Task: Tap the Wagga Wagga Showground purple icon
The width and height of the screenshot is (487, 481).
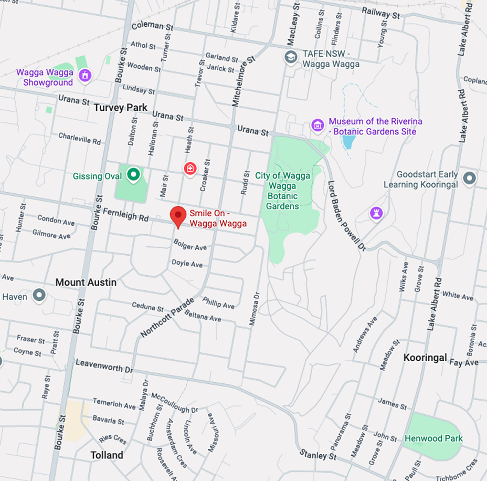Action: [84, 76]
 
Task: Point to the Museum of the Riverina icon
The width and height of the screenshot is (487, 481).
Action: [317, 125]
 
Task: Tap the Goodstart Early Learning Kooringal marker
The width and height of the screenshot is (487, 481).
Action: [469, 178]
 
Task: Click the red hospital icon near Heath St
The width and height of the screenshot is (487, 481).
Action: [189, 168]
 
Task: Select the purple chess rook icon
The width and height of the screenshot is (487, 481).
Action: [376, 213]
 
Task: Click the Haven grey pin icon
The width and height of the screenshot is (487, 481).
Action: [39, 295]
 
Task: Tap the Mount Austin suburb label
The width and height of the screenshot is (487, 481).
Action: [86, 283]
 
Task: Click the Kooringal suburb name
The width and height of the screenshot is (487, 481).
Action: [425, 358]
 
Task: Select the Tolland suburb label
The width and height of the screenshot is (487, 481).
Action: [107, 455]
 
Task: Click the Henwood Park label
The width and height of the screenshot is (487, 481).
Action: [433, 438]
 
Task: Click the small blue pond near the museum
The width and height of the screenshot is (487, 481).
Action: [348, 141]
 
